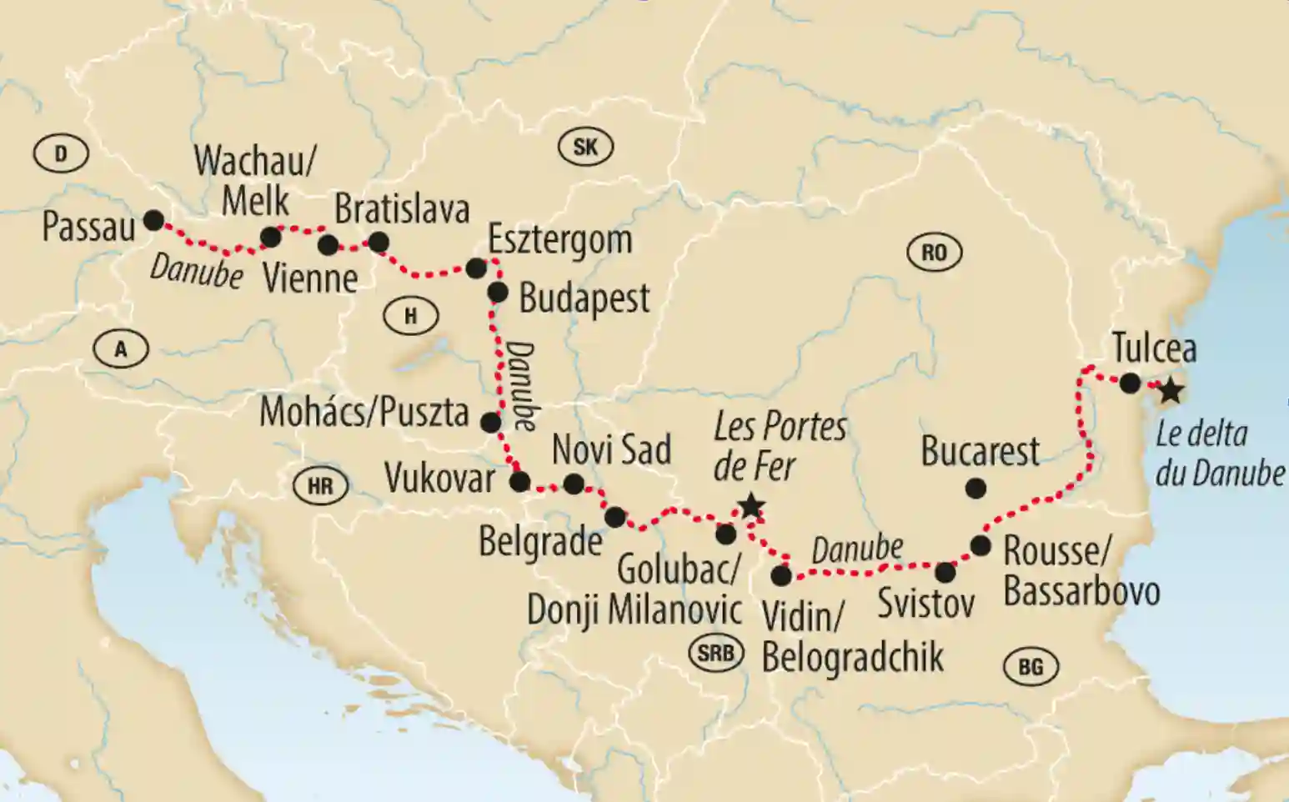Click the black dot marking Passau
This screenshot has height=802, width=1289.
(153, 220)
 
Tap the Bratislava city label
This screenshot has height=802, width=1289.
(402, 209)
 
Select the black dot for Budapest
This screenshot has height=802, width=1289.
(497, 293)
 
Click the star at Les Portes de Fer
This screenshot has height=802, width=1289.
(750, 505)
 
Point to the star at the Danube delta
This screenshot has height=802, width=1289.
(1171, 390)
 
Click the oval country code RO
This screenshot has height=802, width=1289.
(934, 252)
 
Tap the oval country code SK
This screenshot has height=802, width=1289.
(585, 147)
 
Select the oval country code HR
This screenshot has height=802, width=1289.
(320, 486)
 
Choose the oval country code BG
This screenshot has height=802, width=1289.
(1031, 666)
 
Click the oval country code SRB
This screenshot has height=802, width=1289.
(716, 654)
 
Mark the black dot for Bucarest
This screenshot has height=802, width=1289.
(975, 489)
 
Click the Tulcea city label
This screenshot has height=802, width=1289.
(1154, 348)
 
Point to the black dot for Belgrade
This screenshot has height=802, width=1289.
(614, 517)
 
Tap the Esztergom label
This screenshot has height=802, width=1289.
(559, 240)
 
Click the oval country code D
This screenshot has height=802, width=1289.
(61, 153)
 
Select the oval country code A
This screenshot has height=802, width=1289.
(121, 349)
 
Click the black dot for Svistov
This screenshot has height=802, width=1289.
(945, 573)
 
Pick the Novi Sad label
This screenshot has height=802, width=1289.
(611, 450)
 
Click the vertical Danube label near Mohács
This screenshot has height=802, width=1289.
(522, 383)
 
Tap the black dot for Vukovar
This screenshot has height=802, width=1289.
(519, 482)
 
